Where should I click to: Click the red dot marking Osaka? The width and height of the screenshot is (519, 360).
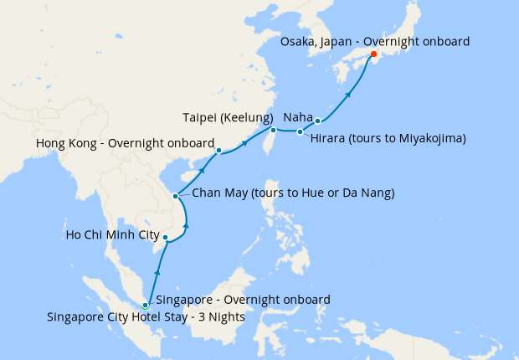tap(373, 57)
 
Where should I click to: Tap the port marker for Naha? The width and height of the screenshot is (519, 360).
tap(318, 121)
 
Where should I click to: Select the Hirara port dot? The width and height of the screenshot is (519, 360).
tap(301, 131)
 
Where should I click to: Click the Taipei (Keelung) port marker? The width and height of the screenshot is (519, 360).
tap(273, 130)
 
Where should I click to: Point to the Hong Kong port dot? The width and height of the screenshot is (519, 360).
tap(218, 152)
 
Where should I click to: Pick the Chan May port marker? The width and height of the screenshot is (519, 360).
tap(175, 197)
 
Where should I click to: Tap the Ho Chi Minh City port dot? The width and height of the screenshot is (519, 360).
tap(166, 238)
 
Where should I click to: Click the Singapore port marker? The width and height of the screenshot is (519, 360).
tap(146, 306)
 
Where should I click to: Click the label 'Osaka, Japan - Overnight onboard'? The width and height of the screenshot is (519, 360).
tap(374, 41)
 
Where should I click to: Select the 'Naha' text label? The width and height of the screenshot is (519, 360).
tap(299, 117)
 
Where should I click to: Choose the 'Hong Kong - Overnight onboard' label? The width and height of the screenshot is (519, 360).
tap(126, 143)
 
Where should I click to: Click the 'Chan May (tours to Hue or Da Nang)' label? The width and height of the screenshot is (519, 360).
tap(293, 193)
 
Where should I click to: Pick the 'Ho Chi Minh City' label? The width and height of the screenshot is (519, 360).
tap(112, 235)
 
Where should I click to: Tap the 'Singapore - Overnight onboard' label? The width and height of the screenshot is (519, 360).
tap(243, 299)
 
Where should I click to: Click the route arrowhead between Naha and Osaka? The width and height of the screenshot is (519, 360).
tap(348, 95)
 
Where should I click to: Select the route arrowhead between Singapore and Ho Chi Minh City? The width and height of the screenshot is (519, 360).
tap(157, 272)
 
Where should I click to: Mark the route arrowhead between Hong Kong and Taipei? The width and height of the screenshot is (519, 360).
tap(245, 143)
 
